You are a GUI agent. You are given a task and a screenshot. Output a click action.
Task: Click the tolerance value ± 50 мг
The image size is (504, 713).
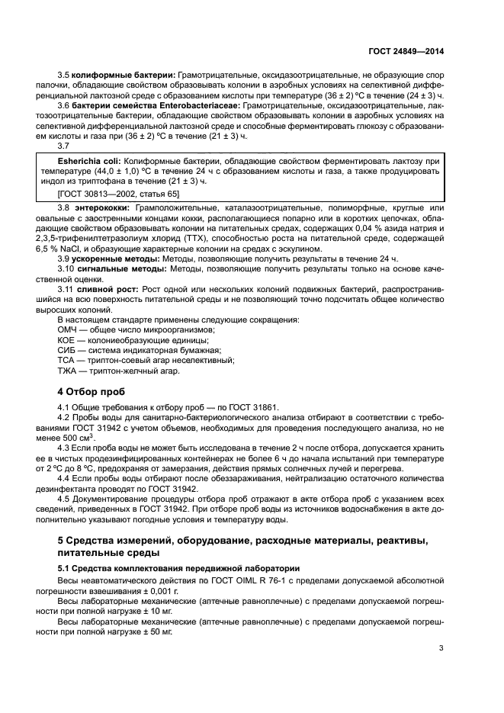tap(157, 632)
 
